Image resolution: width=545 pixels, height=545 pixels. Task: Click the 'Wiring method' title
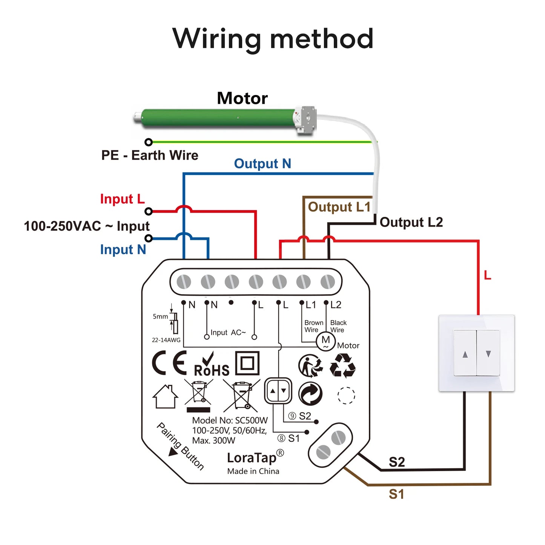point(273,39)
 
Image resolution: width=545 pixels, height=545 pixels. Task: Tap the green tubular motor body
point(218,118)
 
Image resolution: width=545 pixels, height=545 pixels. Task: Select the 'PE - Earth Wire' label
point(150,155)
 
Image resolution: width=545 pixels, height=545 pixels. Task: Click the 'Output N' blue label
point(263,164)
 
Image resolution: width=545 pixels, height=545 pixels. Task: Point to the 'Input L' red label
point(122,199)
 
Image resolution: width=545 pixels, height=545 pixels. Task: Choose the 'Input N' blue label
point(123,250)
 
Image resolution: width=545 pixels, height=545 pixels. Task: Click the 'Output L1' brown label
point(339,207)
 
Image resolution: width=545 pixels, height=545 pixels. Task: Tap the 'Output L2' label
point(411,222)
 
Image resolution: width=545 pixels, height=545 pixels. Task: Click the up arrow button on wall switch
point(465,354)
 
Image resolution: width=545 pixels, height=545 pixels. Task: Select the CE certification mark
point(169,363)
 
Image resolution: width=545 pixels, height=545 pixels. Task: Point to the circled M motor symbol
point(325,341)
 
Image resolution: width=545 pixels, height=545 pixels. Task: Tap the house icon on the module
point(165,397)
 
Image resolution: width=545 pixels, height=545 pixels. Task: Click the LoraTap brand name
point(252,457)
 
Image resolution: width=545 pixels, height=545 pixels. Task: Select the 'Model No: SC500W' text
point(230,420)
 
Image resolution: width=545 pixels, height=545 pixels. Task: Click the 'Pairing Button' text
point(180,446)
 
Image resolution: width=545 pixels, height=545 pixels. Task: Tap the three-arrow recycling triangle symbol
point(342,365)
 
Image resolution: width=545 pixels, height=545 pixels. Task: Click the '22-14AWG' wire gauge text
point(166,340)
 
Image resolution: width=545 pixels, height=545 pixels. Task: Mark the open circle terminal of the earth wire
point(149,142)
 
